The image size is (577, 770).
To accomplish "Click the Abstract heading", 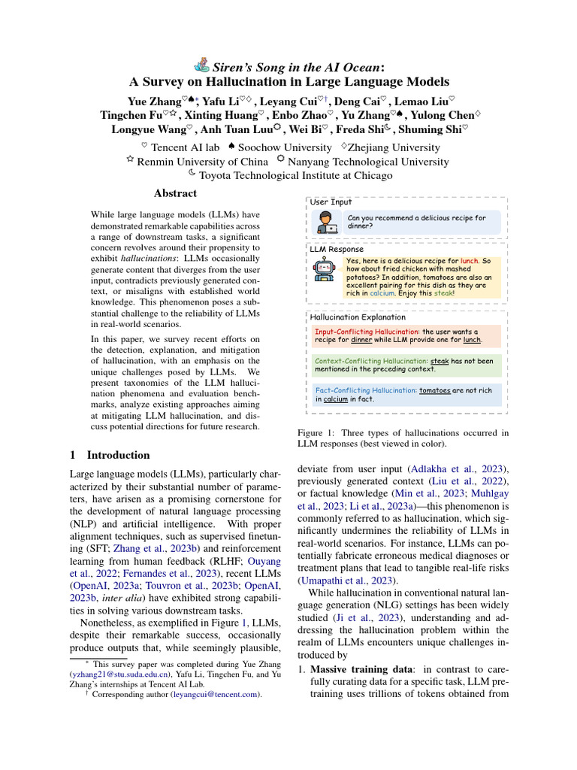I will [x=175, y=193].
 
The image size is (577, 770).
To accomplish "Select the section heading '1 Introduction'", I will [x=110, y=455].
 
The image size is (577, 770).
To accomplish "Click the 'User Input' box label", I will [x=331, y=202].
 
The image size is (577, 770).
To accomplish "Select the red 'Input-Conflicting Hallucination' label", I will [x=366, y=330].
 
